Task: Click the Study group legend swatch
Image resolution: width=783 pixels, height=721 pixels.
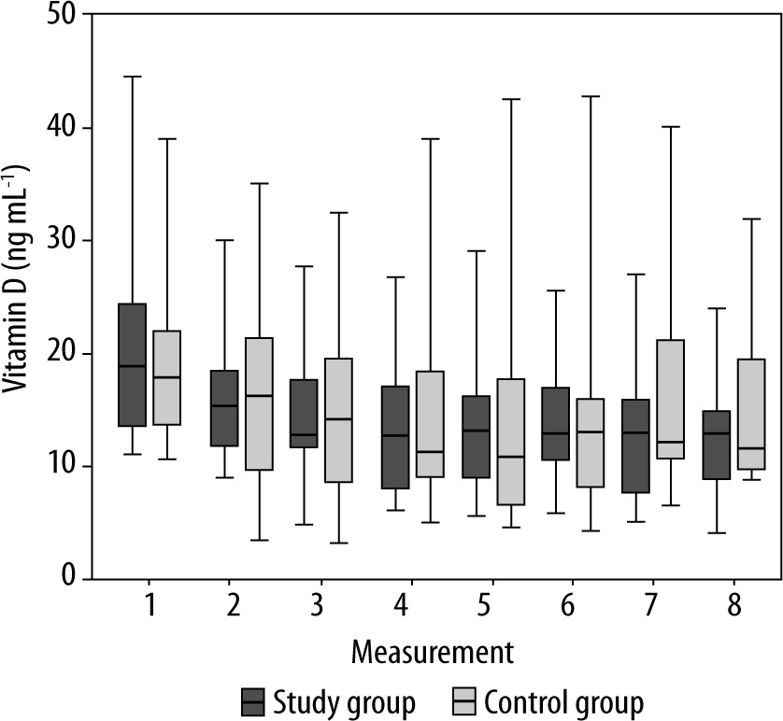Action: (x=251, y=700)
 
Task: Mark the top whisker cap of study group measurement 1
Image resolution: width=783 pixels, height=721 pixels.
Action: (x=133, y=77)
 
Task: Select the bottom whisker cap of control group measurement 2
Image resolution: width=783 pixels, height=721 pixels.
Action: (x=259, y=540)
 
